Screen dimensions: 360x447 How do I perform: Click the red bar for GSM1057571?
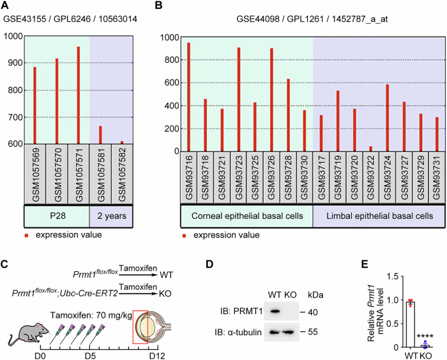click(79, 95)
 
